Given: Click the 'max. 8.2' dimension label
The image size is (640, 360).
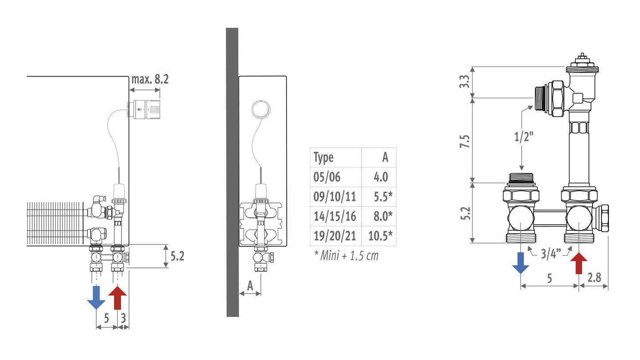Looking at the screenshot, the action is (x=150, y=79).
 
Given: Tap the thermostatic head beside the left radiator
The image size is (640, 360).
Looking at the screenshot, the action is (x=144, y=109).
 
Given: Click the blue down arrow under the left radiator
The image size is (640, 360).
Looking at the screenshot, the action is (x=96, y=298).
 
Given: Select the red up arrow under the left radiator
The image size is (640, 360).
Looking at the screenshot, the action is (x=117, y=298).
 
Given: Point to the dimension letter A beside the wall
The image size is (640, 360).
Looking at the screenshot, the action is (x=250, y=286).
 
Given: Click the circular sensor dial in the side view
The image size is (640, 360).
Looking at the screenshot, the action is (x=261, y=109).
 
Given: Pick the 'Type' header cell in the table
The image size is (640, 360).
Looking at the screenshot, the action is (x=323, y=158).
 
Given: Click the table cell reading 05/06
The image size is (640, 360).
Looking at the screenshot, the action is (x=327, y=177).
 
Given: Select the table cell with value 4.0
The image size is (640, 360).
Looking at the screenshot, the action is (x=381, y=177).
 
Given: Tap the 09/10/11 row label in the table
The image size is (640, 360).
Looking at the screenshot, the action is (x=334, y=197).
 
